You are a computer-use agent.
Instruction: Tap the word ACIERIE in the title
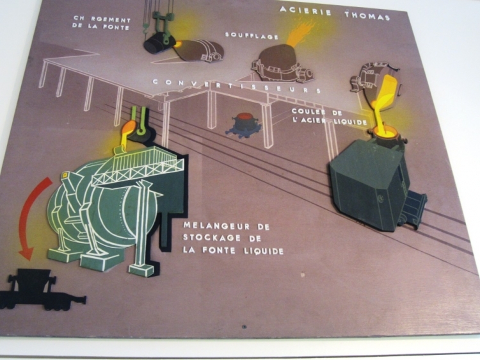(304, 11)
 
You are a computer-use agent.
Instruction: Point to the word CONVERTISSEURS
(236, 86)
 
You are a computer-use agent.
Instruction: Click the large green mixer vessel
(102, 205)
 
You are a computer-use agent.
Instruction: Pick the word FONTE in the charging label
(116, 28)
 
